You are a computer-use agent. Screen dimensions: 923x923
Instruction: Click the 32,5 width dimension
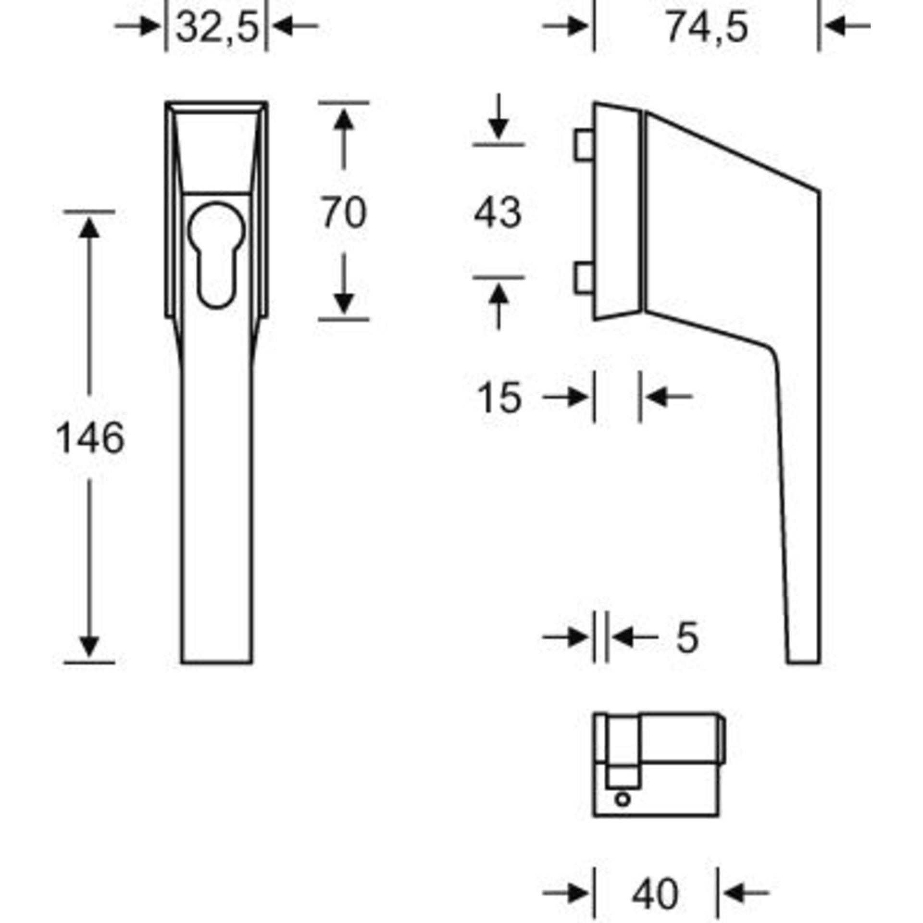pos(217,28)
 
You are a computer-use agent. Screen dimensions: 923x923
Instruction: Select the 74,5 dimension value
pos(707,28)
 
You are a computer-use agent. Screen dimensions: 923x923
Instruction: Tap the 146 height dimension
pos(90,438)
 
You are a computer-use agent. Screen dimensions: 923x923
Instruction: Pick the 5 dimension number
pos(687,638)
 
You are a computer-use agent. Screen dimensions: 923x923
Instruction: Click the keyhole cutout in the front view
pos(217,253)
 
